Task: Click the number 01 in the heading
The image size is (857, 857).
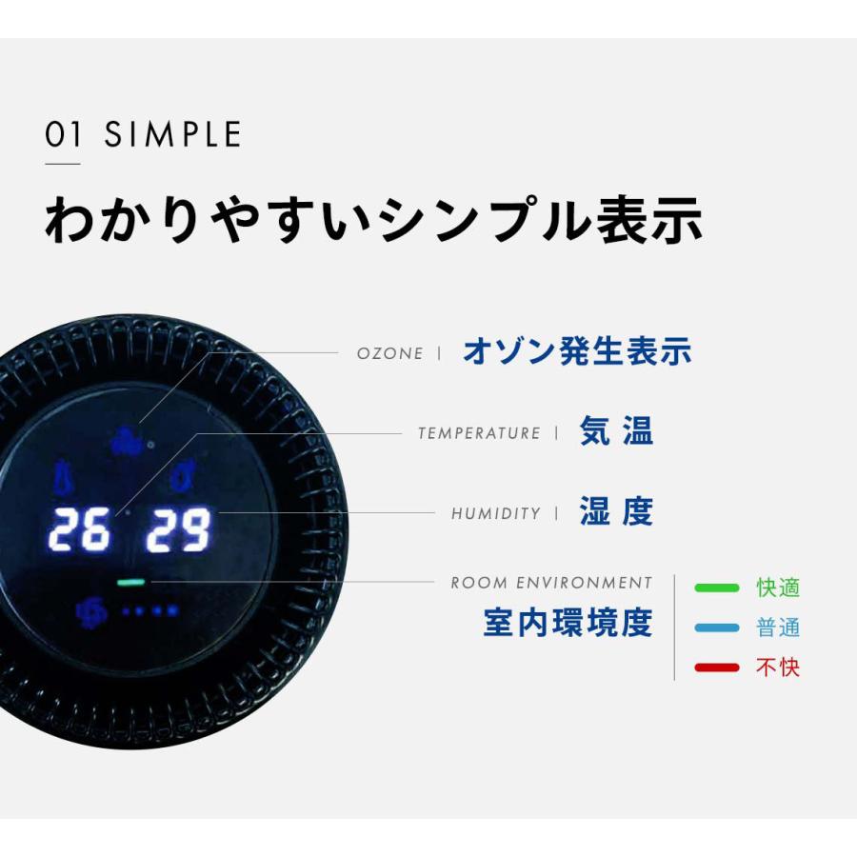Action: click(x=64, y=135)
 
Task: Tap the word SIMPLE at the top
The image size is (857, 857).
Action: click(x=172, y=135)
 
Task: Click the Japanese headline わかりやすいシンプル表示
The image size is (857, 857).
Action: click(x=373, y=221)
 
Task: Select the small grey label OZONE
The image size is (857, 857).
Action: click(x=389, y=353)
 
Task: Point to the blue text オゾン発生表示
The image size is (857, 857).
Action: click(x=577, y=352)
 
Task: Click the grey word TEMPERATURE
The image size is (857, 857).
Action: click(x=479, y=433)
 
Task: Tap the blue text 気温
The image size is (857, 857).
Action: click(x=616, y=432)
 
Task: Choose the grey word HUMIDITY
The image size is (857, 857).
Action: click(x=495, y=513)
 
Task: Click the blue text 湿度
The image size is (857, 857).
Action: click(x=616, y=512)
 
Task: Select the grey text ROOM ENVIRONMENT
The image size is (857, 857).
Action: click(x=551, y=583)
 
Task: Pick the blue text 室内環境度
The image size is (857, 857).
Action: click(x=568, y=623)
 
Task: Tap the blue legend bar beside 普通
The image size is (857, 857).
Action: click(x=717, y=628)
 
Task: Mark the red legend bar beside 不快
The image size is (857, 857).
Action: click(x=717, y=668)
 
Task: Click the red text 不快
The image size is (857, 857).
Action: click(x=777, y=668)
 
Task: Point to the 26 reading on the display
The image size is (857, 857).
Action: click(x=80, y=530)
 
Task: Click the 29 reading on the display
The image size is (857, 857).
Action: click(x=178, y=530)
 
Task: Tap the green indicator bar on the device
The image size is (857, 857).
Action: click(x=130, y=582)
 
